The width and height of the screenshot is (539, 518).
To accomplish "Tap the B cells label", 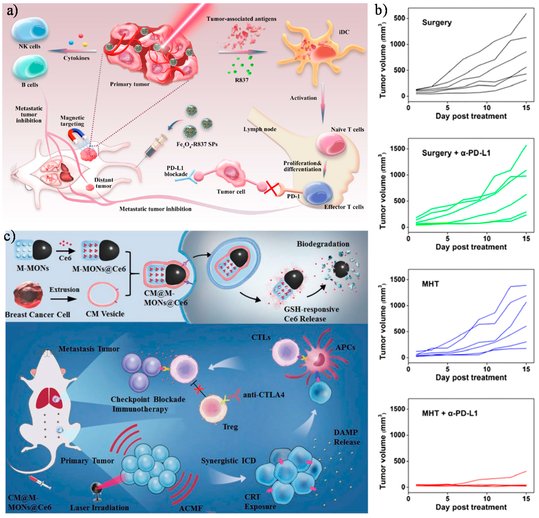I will coord(30,85).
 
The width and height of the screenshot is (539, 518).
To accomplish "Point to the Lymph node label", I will coord(260,129).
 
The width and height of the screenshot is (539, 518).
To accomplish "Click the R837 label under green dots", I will coord(242,80).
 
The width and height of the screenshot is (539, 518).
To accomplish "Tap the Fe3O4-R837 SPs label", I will coord(197,144).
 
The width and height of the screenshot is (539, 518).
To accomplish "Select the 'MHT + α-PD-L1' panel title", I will coord(450,413).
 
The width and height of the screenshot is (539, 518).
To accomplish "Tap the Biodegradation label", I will coord(323,244).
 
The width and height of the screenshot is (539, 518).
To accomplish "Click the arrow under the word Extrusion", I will coord(64,299).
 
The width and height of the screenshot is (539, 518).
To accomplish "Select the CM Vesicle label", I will coord(105,314).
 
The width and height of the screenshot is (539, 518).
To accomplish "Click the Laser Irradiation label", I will coord(99,507).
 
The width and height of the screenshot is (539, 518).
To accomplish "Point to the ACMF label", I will coord(191,508).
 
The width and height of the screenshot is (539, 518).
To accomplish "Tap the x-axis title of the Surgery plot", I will coord(471,116).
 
